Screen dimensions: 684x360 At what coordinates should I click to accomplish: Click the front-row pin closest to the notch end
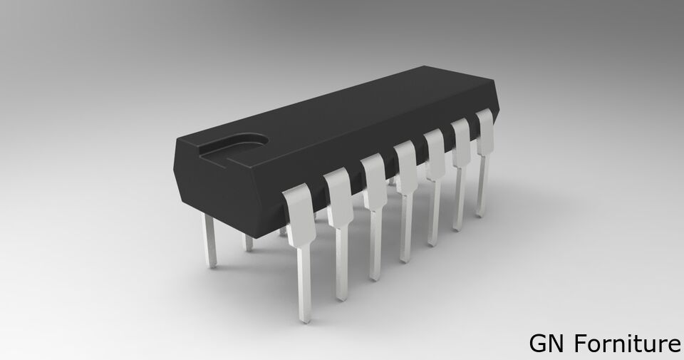(x=301, y=249)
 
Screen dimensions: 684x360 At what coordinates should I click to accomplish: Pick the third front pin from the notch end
(x=374, y=214)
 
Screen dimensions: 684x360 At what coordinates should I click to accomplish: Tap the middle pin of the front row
(x=406, y=199)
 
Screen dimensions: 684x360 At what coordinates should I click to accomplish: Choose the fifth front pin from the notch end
(x=435, y=185)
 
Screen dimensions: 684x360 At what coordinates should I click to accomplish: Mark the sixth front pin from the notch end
(x=460, y=173)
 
